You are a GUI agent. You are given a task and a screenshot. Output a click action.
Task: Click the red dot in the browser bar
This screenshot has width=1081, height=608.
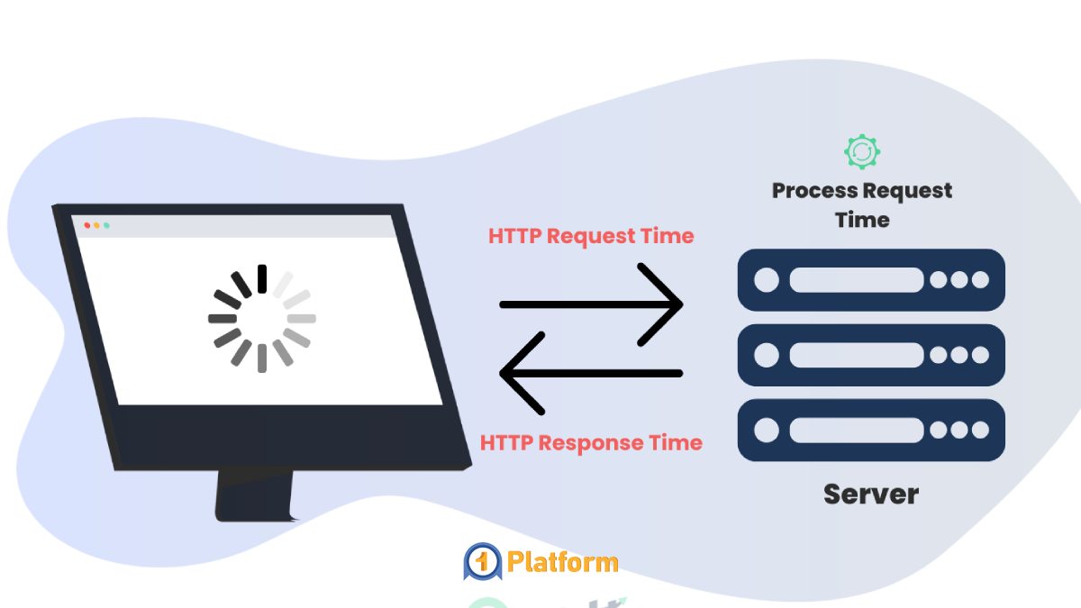point(86,224)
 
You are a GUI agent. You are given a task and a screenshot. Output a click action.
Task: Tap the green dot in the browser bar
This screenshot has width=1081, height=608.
point(106,225)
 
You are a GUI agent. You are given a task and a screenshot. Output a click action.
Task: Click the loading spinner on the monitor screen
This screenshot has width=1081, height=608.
point(261,318)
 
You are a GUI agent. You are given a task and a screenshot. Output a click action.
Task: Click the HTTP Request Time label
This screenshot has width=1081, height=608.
point(591,236)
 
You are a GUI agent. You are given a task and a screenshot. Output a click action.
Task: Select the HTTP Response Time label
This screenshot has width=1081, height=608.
point(591,443)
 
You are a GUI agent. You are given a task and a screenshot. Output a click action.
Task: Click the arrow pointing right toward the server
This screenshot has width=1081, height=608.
point(591,304)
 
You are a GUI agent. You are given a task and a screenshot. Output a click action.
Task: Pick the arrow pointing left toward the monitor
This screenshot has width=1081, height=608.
point(591,373)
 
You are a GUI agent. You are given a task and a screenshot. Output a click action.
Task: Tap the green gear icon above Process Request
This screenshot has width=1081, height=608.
point(862,151)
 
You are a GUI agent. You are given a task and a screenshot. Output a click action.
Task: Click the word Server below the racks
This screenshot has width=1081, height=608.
point(870,494)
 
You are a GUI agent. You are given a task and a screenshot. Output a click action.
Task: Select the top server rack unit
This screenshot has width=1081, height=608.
point(870,279)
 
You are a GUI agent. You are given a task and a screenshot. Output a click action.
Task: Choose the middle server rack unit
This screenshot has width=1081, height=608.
point(870,355)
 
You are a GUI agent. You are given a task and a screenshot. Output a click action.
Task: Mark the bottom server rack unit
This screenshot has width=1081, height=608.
point(870,430)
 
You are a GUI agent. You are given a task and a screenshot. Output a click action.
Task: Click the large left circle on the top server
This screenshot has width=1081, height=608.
point(767,279)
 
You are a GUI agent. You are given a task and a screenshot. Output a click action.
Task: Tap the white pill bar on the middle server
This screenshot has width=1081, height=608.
point(856,355)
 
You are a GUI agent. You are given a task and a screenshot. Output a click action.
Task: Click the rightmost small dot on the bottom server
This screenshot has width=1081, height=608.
point(980,430)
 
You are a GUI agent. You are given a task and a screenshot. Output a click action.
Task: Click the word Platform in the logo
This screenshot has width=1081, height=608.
point(563,563)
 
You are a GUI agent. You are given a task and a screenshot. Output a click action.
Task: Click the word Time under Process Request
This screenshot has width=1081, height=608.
point(862,221)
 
